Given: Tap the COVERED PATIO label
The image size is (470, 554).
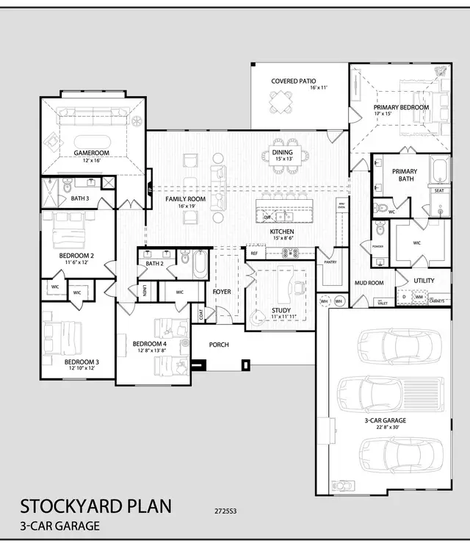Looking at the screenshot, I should [x=294, y=81].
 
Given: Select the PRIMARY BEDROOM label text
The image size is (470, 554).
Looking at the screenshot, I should [x=400, y=107].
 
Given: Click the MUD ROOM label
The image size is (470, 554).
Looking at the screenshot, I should [x=369, y=282].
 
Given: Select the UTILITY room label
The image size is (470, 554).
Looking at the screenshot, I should [x=424, y=280].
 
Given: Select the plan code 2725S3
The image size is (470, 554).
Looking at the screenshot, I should [x=225, y=508].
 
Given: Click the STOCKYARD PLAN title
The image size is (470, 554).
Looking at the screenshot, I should [x=95, y=506].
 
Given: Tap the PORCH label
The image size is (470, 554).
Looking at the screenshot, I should [x=219, y=345].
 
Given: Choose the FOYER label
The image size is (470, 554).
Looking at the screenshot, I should [x=222, y=292].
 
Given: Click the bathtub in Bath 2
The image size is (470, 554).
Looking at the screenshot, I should [x=200, y=264].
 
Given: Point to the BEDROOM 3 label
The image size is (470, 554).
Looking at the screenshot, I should [x=81, y=362].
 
